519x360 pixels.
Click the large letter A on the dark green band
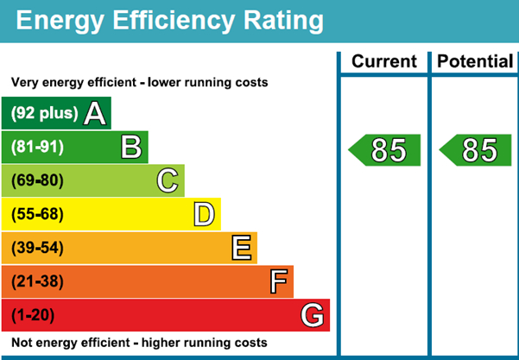95,113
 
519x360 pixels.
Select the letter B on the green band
131,147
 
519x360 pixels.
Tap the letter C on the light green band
168,180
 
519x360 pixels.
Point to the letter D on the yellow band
204,214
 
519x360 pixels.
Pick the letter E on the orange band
242,248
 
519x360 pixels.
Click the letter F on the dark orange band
278,281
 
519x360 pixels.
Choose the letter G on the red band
313,315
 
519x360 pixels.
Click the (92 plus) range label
44,113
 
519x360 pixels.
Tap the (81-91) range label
37,147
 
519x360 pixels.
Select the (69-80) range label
37,180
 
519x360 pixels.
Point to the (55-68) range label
37,214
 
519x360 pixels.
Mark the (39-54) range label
37,248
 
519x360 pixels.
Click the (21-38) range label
37,281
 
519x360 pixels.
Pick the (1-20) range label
33,315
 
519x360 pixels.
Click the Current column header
384,62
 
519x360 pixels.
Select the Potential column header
475,62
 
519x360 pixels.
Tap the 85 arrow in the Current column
385,150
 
